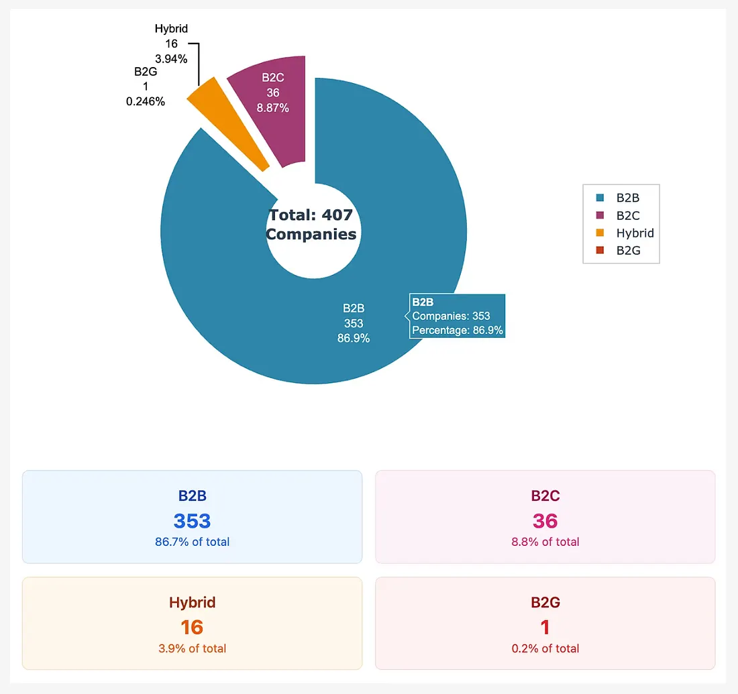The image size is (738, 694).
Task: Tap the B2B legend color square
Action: point(600,198)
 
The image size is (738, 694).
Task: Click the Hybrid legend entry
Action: point(634,233)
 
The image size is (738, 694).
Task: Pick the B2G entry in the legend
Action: point(628,251)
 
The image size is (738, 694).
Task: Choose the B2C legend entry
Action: point(628,216)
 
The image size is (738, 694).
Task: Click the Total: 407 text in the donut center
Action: point(311,215)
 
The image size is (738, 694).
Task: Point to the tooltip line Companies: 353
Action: point(451,316)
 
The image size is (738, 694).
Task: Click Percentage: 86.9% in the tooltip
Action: point(457,330)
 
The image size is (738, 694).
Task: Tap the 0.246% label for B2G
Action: point(146,101)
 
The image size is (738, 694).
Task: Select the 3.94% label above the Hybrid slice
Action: point(170,58)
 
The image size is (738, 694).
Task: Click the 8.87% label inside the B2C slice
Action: point(272,107)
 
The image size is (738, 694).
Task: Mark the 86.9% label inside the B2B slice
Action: point(354,338)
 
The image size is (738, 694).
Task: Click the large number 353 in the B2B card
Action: point(193,521)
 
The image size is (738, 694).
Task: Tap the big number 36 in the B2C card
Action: point(545,521)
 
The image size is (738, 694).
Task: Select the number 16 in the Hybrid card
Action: point(193,628)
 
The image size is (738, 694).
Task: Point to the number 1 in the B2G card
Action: point(545,628)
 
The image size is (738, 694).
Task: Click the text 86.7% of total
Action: point(193,542)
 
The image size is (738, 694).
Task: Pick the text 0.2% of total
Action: point(545,648)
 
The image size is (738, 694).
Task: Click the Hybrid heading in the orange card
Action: point(193,602)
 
